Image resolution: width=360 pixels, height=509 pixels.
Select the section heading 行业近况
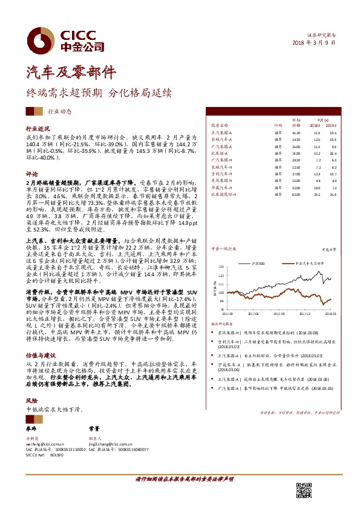coord(38,129)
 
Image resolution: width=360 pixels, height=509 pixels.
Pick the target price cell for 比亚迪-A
coord(296,154)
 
